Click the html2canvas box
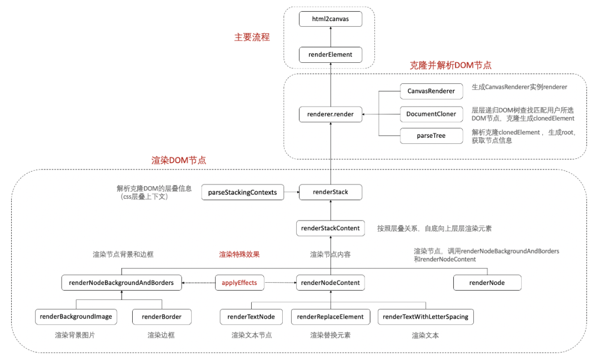click(330, 19)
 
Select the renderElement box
click(330, 54)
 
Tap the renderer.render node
click(330, 114)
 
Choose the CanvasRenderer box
click(431, 91)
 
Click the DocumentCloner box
click(431, 114)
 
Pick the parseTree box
click(431, 135)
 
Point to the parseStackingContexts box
click(242, 192)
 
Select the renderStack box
click(331, 192)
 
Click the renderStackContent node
click(331, 228)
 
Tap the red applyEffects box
click(239, 283)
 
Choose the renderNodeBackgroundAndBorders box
click(121, 283)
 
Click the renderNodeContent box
click(331, 283)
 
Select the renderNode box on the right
click(487, 283)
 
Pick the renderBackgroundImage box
click(76, 317)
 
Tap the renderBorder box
click(162, 317)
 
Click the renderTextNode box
click(251, 317)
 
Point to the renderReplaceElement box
click(331, 317)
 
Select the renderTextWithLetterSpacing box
click(426, 317)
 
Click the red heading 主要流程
click(252, 37)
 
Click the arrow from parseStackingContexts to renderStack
click(291, 193)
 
